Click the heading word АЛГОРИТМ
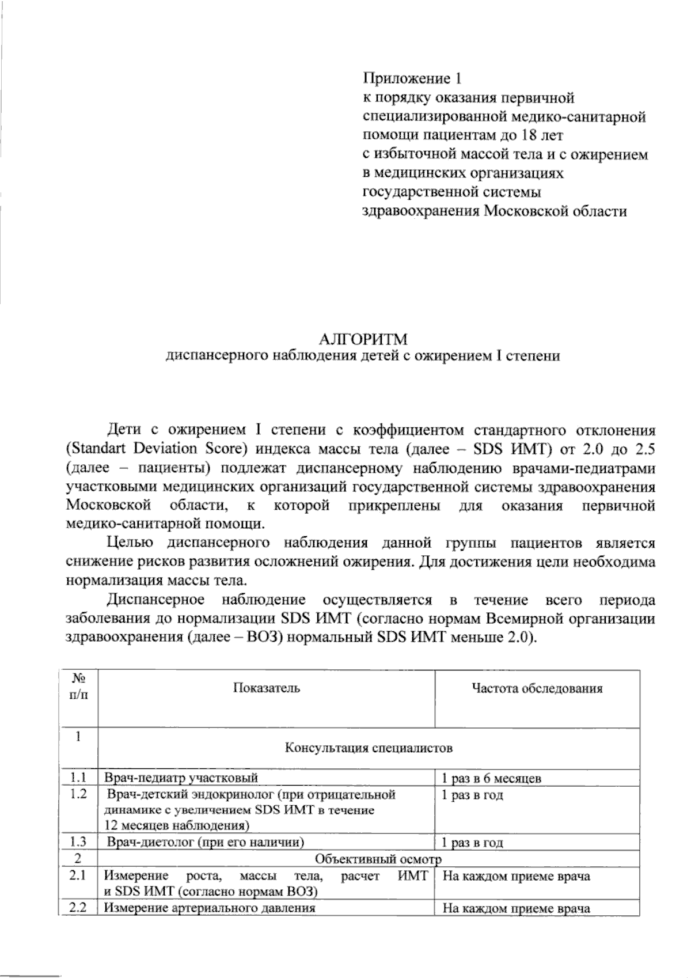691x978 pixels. click(362, 339)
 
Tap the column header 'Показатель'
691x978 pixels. click(266, 688)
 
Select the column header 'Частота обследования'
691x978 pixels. click(537, 688)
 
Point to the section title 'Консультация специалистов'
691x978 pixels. click(369, 748)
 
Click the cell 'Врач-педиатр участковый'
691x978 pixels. click(181, 778)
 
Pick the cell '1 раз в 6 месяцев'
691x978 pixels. click(491, 779)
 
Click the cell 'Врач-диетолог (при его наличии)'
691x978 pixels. click(206, 843)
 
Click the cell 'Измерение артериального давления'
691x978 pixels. click(210, 908)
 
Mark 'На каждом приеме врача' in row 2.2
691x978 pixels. click(517, 909)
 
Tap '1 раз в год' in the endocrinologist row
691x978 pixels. click(472, 795)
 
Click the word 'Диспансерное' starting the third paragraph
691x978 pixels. click(156, 600)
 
